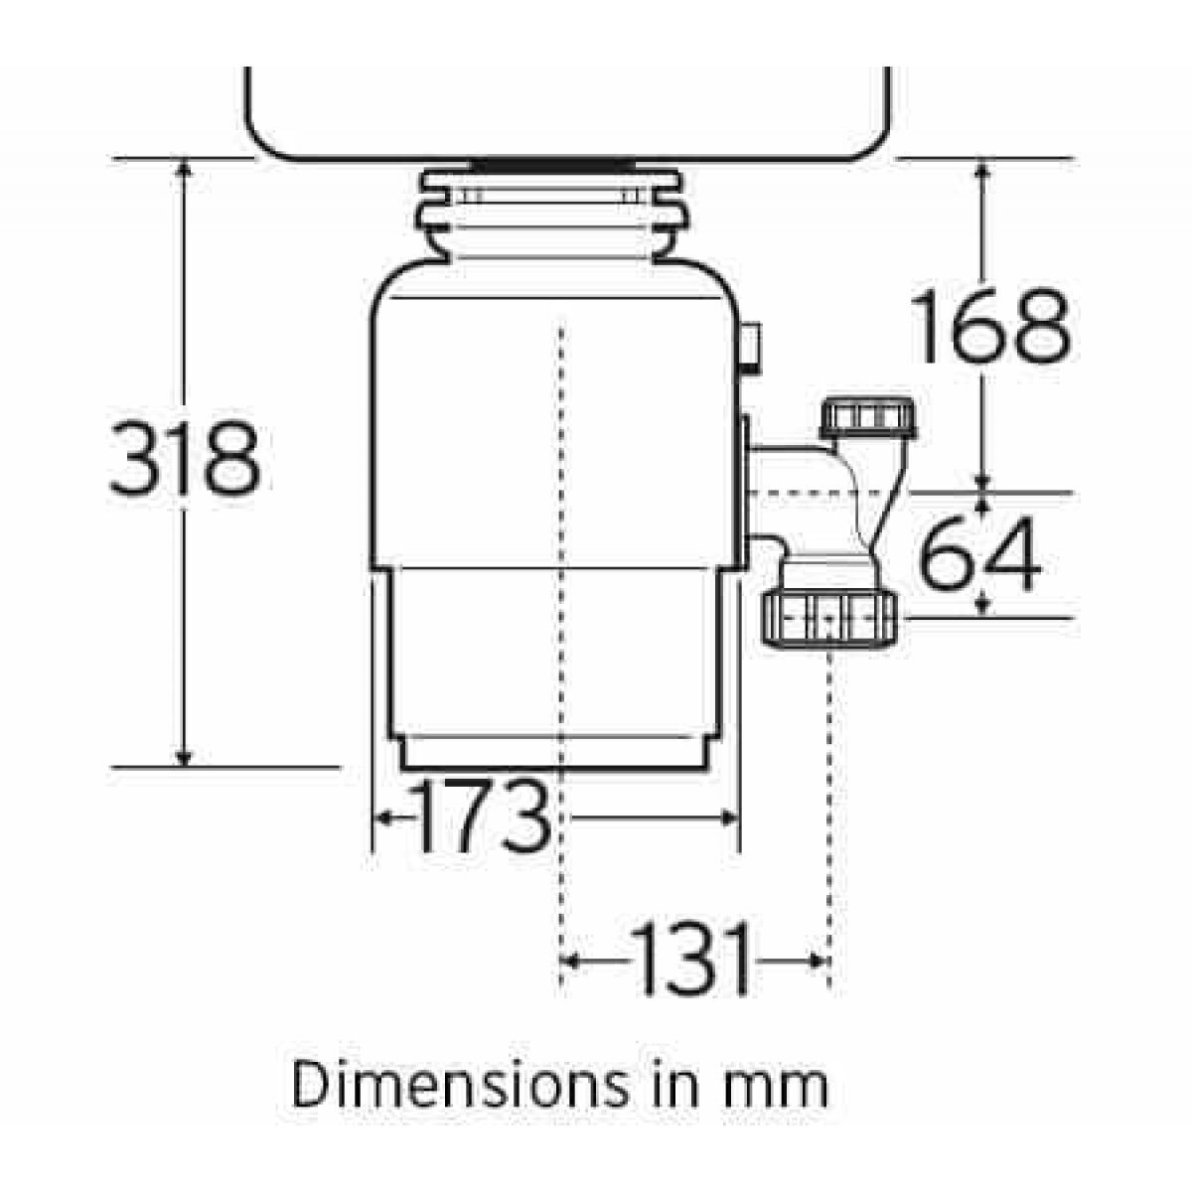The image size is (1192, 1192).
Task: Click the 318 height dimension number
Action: coord(186,458)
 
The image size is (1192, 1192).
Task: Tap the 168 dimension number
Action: coord(991,327)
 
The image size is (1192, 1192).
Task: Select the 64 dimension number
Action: coord(979,551)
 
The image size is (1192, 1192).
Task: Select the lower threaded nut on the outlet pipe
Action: coord(828,619)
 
